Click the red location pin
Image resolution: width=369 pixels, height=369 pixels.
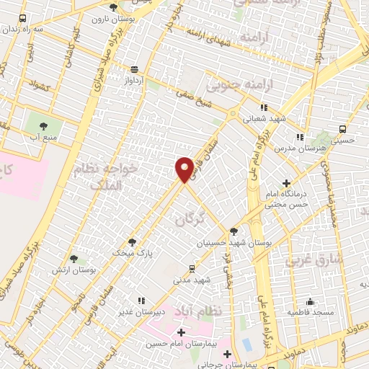coord(184,169)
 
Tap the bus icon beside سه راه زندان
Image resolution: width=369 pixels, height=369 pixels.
coord(22,19)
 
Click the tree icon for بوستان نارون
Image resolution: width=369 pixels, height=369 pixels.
coord(113,7)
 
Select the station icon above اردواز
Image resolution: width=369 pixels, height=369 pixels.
coord(134,69)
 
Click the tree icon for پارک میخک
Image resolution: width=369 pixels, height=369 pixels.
coord(132,242)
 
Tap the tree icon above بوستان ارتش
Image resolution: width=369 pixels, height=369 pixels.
coord(73,259)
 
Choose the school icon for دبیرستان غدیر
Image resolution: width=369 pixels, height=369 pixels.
coord(141,300)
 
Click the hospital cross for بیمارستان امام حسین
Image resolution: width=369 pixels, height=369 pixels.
coord(180,333)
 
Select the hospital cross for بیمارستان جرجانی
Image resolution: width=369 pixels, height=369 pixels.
coord(228,354)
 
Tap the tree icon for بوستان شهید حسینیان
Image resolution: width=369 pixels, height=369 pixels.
coord(234,231)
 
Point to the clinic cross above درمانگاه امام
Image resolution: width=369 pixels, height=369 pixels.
coord(287,183)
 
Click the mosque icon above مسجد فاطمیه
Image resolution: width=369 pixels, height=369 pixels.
coord(310,301)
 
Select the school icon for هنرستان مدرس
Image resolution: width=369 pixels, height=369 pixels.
coord(299,136)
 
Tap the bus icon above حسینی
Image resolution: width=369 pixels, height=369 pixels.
coord(342,130)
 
